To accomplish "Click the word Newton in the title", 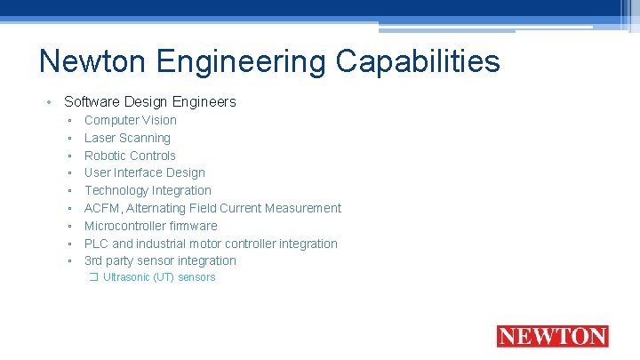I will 94,62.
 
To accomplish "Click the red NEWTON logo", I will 552,337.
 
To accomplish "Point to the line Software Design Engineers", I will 150,101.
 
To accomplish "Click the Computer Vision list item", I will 131,120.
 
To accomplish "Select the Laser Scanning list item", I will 127,138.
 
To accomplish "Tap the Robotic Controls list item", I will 130,156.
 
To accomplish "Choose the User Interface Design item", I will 145,172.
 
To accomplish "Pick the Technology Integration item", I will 148,190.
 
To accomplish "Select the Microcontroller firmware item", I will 151,226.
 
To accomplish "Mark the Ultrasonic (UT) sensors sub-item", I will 159,277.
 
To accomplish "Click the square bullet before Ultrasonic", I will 94,277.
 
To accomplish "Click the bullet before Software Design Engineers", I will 50,101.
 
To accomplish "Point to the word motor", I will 204,244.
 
